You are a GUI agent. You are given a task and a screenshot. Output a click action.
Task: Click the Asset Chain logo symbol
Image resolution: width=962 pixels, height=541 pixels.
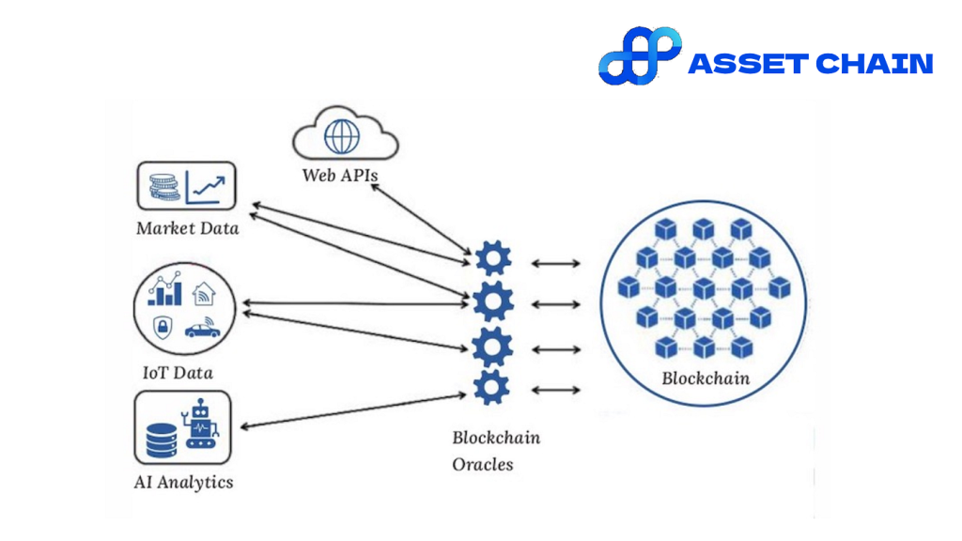click(640, 55)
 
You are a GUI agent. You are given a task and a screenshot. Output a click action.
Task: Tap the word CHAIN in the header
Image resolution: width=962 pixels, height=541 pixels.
click(874, 64)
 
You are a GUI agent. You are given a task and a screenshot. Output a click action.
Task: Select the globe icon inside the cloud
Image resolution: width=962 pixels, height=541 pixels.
click(341, 137)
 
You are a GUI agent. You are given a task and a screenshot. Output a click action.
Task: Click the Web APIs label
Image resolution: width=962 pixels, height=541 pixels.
click(339, 175)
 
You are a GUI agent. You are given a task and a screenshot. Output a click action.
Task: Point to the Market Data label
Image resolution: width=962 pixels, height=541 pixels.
click(187, 228)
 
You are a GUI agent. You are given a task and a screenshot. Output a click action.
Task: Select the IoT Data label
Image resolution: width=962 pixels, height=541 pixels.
click(178, 373)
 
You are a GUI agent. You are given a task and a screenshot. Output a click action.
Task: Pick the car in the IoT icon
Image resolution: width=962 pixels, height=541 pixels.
click(202, 329)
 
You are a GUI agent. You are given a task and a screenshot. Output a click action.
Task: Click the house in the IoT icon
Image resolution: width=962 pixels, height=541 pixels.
click(203, 295)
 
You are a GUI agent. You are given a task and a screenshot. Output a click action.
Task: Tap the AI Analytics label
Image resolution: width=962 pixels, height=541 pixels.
click(183, 483)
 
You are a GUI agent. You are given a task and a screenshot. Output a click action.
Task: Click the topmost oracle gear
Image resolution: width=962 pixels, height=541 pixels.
click(493, 259)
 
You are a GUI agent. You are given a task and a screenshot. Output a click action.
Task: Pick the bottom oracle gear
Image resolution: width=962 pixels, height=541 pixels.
click(491, 388)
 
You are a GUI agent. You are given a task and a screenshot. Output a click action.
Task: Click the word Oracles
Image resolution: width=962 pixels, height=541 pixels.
click(483, 464)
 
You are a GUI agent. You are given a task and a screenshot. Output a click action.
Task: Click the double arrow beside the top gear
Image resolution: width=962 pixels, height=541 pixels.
click(555, 264)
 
